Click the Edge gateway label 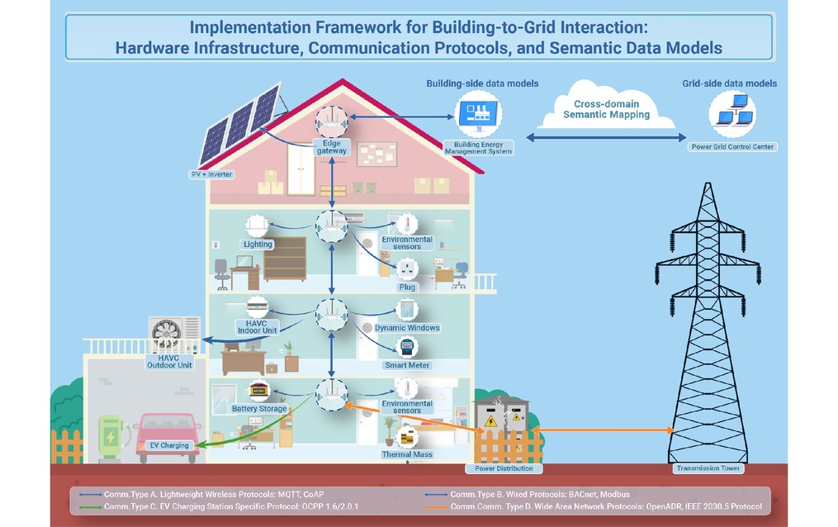coord(331,147)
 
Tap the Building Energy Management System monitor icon coord(478,114)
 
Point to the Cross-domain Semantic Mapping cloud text coord(607,109)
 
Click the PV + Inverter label coord(212,174)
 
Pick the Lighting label coord(258,245)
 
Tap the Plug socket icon coord(407,268)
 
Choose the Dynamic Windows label coord(407,328)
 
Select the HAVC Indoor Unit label coord(257,327)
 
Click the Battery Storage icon coord(258,391)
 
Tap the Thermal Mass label coord(407,454)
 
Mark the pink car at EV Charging coord(168,435)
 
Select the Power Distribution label coord(504,468)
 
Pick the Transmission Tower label coord(708,468)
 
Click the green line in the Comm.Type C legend coord(90,506)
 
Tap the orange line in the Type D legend coord(436,506)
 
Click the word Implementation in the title coord(250,28)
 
